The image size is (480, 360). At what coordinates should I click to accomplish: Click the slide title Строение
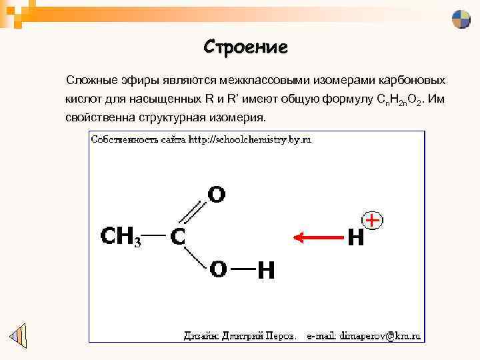[x=245, y=47]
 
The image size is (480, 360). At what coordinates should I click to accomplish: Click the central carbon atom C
[x=178, y=237]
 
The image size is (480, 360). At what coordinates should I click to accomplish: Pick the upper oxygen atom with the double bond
[x=217, y=195]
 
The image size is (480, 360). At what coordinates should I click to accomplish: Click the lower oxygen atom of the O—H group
[x=217, y=269]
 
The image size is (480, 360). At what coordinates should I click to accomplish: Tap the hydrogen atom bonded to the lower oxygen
[x=266, y=270]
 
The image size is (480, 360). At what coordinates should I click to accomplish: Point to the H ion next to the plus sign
[x=356, y=237]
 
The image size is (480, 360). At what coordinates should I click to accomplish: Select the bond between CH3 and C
[x=153, y=235]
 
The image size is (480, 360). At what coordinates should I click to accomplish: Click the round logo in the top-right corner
[x=461, y=19]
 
